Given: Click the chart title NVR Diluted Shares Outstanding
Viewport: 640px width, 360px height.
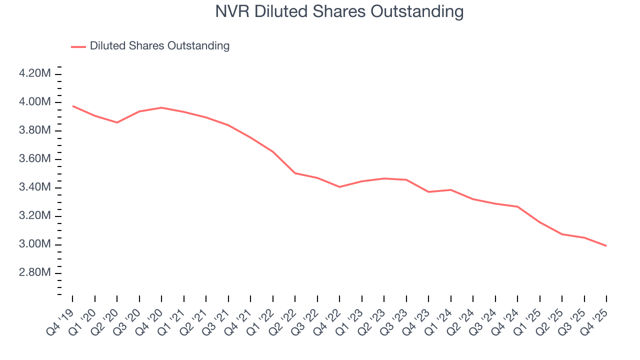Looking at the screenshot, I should coord(339,11).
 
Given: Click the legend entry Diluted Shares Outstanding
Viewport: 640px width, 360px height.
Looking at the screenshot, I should coord(159,46).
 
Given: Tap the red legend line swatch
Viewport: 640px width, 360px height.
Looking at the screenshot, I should coord(78,46).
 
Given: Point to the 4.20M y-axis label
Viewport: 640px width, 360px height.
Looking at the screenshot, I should coord(34,73).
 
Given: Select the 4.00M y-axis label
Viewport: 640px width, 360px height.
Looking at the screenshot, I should coord(34,102).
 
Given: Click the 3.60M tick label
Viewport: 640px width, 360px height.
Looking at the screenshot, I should coord(34,159).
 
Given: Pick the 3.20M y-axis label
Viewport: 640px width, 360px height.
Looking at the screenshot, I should coord(34,216).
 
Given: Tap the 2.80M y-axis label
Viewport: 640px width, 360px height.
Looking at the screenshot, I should coord(34,273).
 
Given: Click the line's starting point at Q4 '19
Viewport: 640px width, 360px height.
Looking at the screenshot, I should coord(72,106).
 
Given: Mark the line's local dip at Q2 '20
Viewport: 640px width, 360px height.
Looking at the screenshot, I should coord(117,122).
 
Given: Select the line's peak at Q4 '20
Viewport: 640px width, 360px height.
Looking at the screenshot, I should coord(161,107).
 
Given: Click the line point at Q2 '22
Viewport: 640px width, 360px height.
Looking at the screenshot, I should coord(295,173).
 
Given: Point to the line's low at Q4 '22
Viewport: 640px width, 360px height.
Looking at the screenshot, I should coord(339,187).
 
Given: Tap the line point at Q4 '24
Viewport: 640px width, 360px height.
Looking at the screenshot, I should coord(517,206).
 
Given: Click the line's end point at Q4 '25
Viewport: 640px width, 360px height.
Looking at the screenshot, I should coord(606,245).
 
